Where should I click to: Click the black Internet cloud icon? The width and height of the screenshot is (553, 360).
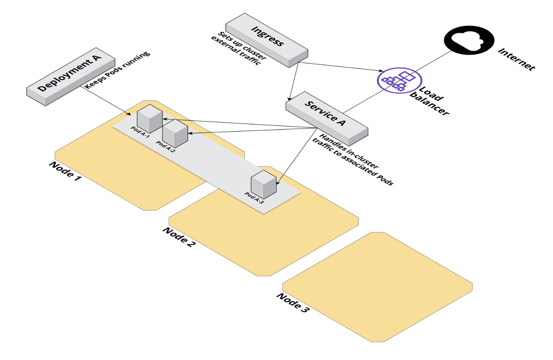(x=469, y=40)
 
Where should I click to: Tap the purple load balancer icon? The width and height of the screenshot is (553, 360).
(x=399, y=81)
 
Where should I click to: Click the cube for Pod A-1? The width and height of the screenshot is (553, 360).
(x=149, y=119)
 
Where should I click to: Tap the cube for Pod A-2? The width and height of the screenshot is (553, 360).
(x=175, y=133)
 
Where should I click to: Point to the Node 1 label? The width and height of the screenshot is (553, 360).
(x=65, y=171)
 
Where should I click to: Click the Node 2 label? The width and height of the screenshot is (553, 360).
(x=179, y=237)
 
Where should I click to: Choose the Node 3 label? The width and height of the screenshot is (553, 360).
(x=293, y=303)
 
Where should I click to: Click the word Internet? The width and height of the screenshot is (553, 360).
(x=517, y=59)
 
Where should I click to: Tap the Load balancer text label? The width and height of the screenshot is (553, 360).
(x=429, y=101)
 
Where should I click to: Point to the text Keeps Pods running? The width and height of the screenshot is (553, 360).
(x=117, y=70)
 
